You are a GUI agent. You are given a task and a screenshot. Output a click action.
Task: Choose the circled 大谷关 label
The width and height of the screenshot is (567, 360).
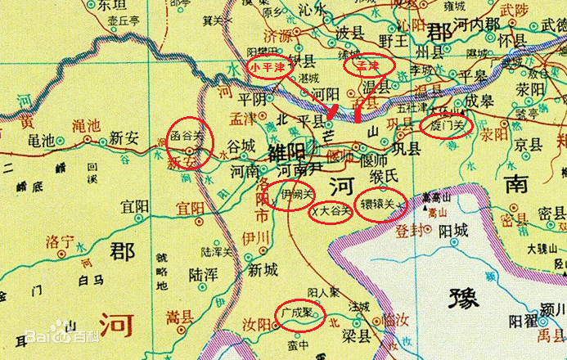tap(333, 211)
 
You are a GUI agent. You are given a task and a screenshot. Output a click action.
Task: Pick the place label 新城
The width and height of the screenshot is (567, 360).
tap(264, 269)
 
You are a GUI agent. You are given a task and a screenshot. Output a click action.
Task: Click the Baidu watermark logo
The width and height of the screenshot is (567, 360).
tap(50, 335)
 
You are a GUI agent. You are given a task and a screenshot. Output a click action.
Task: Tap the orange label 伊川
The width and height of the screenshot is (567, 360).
tap(256, 237)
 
